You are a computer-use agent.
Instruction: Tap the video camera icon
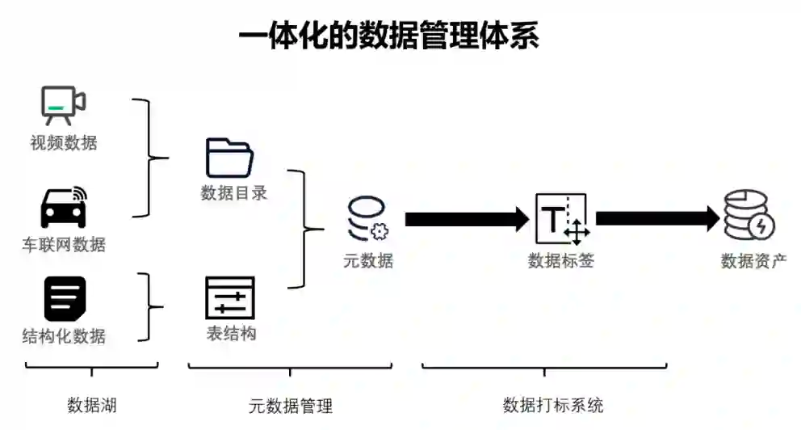(x=63, y=104)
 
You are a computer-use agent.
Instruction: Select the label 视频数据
(x=64, y=143)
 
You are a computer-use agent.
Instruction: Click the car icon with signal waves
(x=64, y=208)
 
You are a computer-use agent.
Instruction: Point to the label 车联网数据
(x=64, y=243)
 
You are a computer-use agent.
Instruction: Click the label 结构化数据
(x=64, y=335)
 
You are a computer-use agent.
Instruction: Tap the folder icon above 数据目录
(x=230, y=157)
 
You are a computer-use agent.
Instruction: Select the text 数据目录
(x=233, y=193)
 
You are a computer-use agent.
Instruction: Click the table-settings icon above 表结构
(x=230, y=297)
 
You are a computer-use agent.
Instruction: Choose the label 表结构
(x=231, y=333)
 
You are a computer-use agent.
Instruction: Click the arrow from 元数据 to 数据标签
(x=467, y=218)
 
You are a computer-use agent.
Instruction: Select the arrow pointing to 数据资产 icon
(x=656, y=218)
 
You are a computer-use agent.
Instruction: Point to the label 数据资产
(x=753, y=260)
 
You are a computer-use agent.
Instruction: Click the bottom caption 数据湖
(x=91, y=404)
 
